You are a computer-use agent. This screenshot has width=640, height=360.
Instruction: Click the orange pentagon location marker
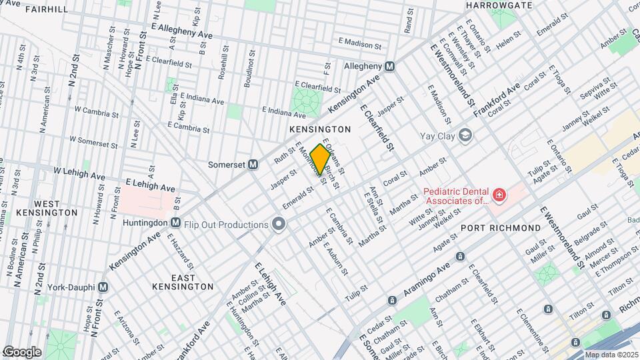click(x=320, y=161)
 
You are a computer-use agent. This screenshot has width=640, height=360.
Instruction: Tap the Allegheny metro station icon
click(x=390, y=67)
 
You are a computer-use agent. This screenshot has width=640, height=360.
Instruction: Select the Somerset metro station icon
click(x=253, y=164)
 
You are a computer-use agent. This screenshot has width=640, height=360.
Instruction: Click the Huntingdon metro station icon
click(x=175, y=223)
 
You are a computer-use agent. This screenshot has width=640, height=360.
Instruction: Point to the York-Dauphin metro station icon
click(x=103, y=287)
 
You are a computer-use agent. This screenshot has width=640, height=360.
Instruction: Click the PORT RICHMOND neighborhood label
click(x=501, y=228)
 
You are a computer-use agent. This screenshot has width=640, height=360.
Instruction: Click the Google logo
click(x=22, y=351)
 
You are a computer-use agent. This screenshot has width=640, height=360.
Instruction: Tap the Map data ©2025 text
click(x=611, y=355)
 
